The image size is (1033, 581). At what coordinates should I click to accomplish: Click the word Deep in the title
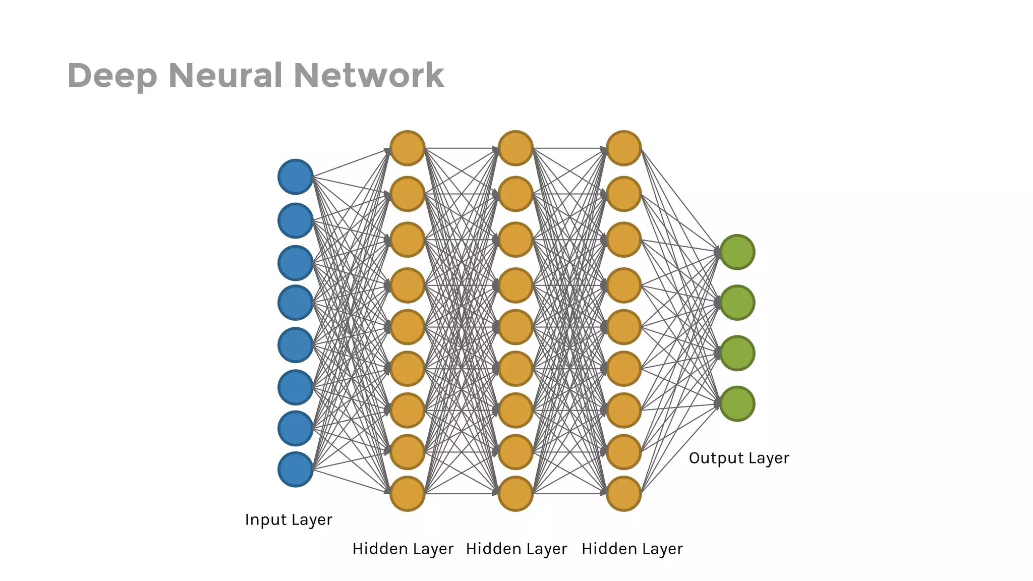tap(112, 76)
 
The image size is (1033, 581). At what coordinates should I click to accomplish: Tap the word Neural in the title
tap(225, 76)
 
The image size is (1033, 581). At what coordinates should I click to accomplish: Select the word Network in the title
tap(369, 76)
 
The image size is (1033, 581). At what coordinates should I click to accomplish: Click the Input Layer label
tap(289, 520)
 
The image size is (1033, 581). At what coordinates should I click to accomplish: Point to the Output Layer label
tap(739, 458)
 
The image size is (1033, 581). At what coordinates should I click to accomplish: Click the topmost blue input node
tap(296, 177)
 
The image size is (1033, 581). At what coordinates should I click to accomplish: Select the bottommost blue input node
tap(296, 470)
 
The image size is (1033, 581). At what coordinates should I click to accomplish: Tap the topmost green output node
tap(737, 252)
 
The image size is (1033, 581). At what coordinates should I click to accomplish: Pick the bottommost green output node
tap(737, 403)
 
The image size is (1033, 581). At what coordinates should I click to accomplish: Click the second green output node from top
tap(737, 303)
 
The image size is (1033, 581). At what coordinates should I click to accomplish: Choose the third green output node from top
tap(737, 353)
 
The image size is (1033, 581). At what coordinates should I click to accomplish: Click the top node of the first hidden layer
tap(408, 148)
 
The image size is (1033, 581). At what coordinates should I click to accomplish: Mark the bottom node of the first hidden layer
tap(408, 494)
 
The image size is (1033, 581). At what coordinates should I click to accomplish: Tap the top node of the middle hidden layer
tap(515, 148)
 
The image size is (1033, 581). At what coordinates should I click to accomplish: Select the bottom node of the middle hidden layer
tap(515, 494)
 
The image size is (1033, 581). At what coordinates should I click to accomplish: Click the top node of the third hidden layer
tap(624, 148)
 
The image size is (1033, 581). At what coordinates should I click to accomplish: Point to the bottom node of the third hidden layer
tap(624, 494)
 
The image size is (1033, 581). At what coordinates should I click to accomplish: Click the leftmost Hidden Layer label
tap(403, 549)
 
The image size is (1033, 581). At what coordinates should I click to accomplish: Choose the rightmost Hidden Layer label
tap(632, 549)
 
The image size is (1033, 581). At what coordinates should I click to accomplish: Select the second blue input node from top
tap(296, 220)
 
